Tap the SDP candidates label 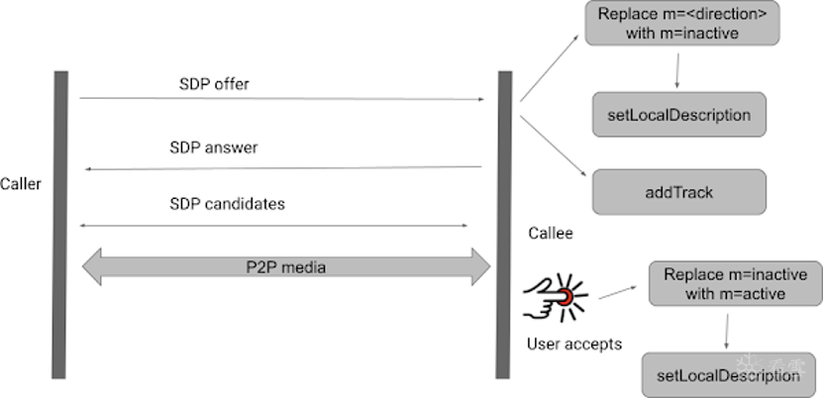(x=227, y=204)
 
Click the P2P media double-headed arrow (x=286, y=266)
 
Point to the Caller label (x=21, y=183)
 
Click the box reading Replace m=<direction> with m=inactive (x=678, y=24)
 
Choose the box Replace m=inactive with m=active (x=735, y=284)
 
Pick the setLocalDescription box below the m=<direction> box (x=678, y=115)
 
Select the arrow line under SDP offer (x=282, y=99)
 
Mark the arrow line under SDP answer (x=282, y=168)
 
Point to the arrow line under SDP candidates (x=273, y=226)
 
